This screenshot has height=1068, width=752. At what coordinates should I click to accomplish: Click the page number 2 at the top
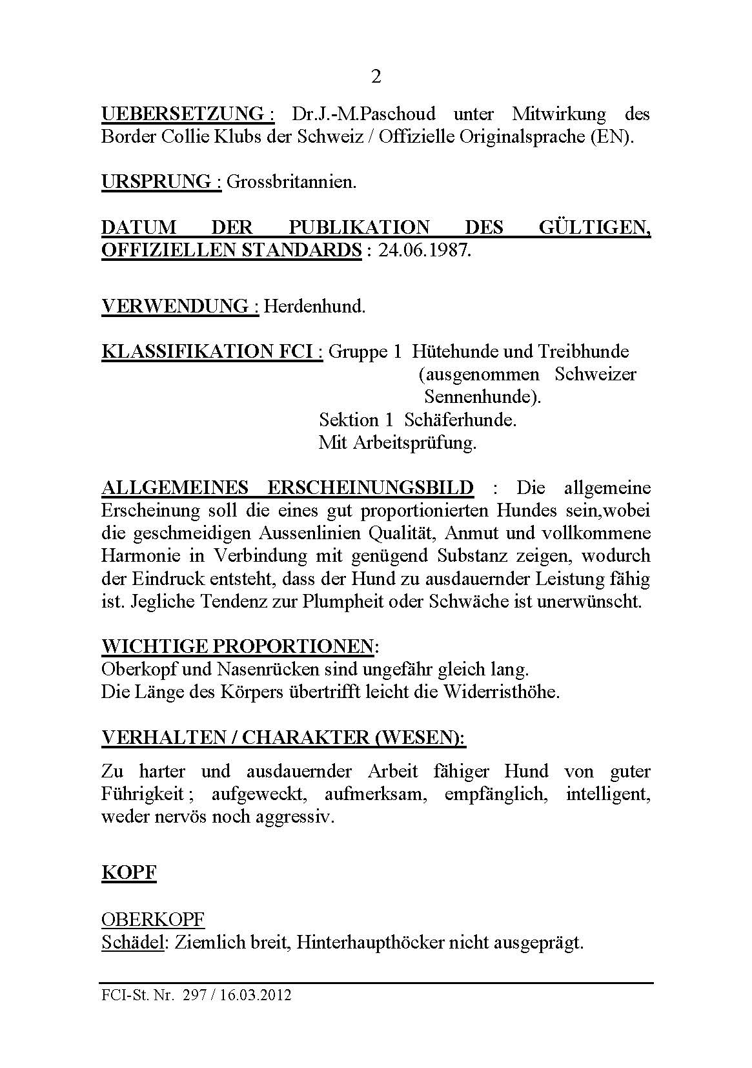[376, 77]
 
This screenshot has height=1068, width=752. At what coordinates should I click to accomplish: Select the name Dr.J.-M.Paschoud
[363, 114]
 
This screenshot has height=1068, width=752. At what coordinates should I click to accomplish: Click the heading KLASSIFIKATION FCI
[212, 351]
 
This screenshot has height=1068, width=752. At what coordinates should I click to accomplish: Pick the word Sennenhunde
[482, 396]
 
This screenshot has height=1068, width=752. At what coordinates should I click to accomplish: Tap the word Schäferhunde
[460, 420]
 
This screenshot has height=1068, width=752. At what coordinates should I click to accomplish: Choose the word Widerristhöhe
[500, 692]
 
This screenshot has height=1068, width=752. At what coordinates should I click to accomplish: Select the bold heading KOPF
[129, 873]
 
